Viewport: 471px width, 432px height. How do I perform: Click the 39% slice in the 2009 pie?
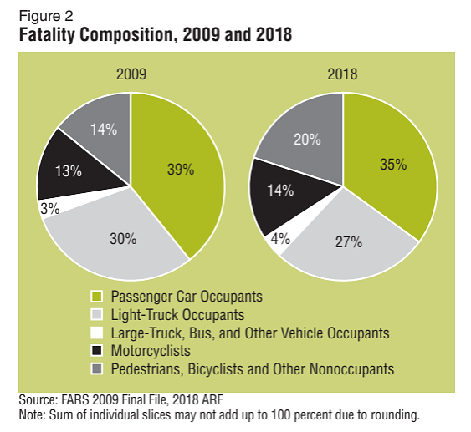(180, 167)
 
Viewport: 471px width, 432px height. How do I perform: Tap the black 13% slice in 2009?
(71, 171)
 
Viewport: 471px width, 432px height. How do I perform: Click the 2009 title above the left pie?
(131, 74)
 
